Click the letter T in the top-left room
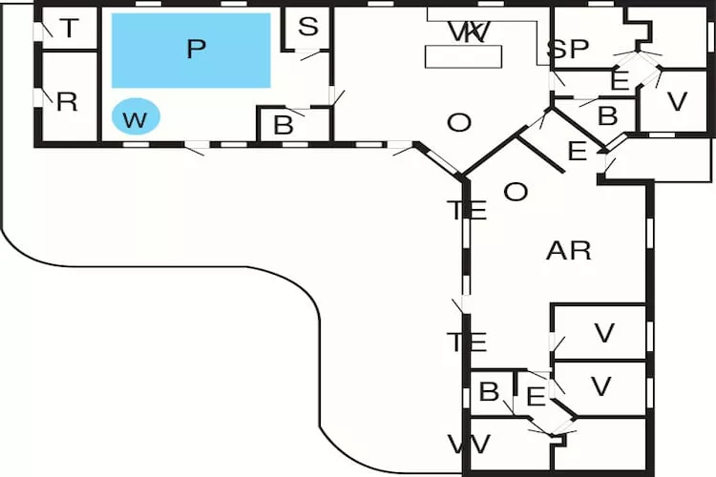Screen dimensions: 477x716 tap(69, 29)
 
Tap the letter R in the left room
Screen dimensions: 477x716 tap(67, 102)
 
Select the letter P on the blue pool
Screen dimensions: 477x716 tap(196, 50)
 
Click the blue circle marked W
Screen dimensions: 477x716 tap(137, 119)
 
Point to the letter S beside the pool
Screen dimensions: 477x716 tap(307, 27)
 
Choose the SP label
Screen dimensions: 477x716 tap(567, 50)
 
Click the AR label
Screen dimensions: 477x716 tap(568, 251)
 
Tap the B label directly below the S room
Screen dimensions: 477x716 tap(284, 124)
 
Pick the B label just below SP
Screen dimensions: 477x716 tap(607, 116)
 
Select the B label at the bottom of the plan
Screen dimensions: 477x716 tap(490, 392)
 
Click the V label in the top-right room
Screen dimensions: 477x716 tap(677, 102)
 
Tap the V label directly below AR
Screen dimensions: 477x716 tap(603, 333)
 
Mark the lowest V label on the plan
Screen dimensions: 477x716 tap(600, 386)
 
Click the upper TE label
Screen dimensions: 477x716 tap(467, 211)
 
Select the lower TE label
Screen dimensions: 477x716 tap(467, 341)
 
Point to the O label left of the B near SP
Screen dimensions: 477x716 tap(459, 122)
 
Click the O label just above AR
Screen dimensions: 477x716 tap(516, 192)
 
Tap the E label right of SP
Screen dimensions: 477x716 tap(620, 82)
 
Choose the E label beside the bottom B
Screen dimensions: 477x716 tap(536, 395)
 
